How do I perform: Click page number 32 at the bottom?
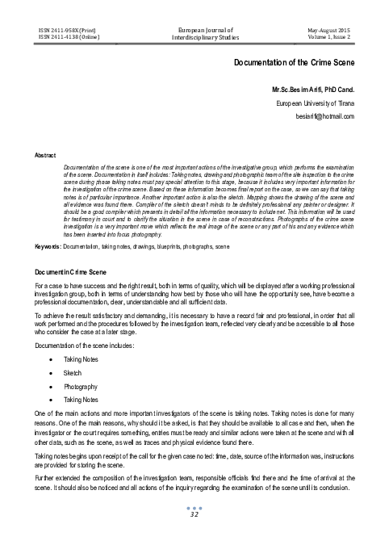194,536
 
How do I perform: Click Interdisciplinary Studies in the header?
194,36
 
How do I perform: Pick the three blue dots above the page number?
194,529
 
